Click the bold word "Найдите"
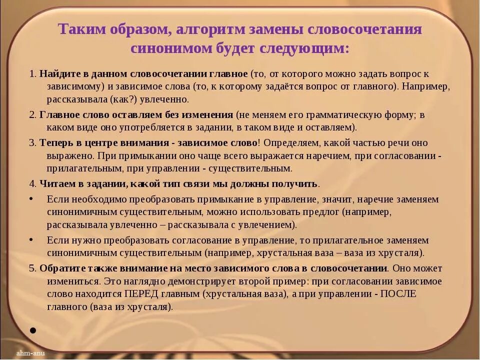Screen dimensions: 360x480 (56, 73)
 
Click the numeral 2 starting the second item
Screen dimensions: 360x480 (31, 114)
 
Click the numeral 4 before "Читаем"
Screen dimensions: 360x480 (31, 183)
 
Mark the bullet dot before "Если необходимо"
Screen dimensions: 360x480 (31, 198)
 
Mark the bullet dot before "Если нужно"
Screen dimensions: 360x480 (31, 239)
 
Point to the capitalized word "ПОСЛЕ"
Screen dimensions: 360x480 (398, 294)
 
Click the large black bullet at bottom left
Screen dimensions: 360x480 (32, 330)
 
